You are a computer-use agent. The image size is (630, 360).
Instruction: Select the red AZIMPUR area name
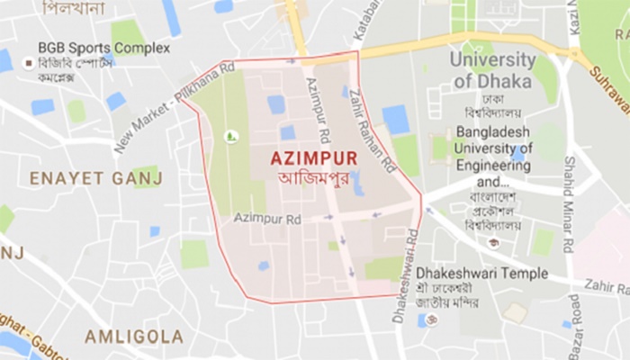(x=313, y=157)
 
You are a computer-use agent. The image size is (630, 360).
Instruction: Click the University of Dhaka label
(x=492, y=70)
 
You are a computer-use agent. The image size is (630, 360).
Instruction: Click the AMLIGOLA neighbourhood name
(x=134, y=336)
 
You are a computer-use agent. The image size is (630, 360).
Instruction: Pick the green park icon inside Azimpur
(x=230, y=136)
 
